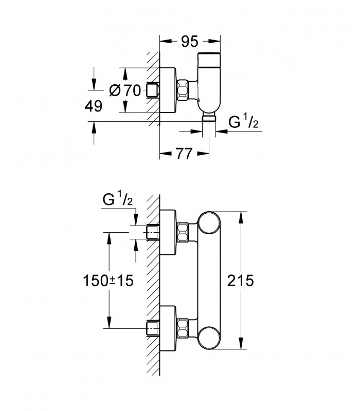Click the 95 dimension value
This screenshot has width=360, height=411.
click(189, 42)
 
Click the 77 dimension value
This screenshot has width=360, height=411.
click(184, 154)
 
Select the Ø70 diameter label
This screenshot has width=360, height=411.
click(125, 91)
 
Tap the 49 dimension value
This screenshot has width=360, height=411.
click(94, 106)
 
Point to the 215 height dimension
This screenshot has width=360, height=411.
click(240, 281)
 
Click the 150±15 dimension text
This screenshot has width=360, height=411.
click(108, 281)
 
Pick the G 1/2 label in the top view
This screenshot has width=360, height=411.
click(243, 122)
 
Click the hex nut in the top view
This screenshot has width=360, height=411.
click(183, 89)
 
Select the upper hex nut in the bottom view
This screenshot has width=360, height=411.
click(183, 232)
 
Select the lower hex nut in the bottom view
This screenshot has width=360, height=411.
click(183, 328)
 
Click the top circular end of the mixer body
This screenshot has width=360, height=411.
click(209, 222)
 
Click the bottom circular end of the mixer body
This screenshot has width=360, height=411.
click(209, 338)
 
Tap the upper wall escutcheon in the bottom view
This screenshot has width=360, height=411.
click(168, 232)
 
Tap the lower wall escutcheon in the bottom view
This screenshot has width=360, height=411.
click(168, 328)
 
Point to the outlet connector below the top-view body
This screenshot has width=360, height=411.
click(209, 117)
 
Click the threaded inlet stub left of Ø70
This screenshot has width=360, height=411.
click(153, 90)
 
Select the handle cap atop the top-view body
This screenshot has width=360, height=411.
click(209, 60)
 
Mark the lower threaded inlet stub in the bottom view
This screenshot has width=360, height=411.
click(153, 328)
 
